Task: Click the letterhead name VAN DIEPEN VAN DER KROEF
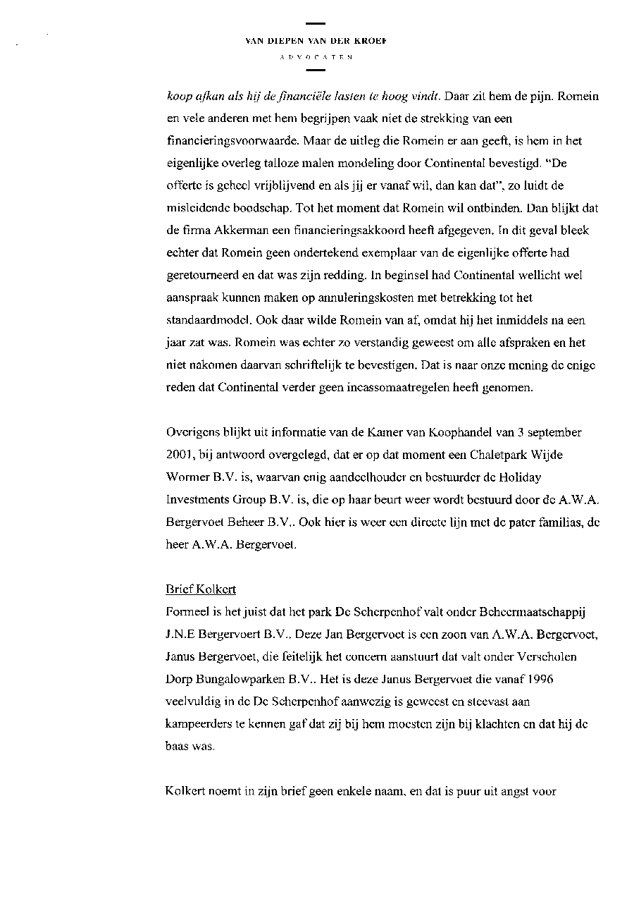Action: pos(316,41)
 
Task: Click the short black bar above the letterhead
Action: pos(316,24)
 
